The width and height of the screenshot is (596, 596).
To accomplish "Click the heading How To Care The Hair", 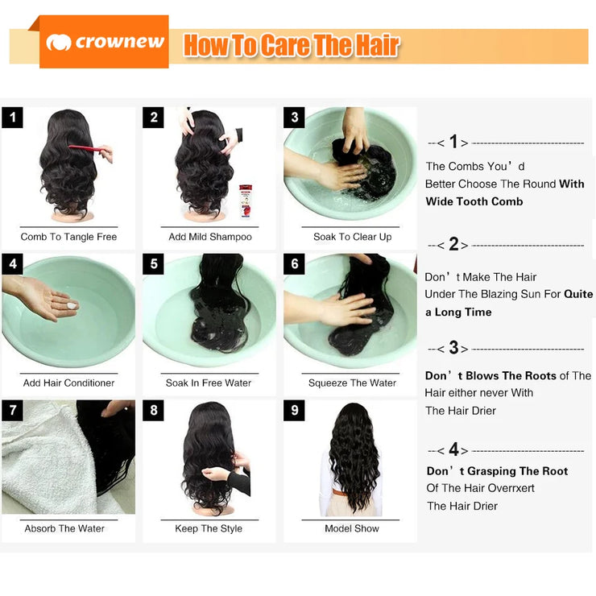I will [291, 45].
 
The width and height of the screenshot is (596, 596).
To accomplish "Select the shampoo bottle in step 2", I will [245, 201].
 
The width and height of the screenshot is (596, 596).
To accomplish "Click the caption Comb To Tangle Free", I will [68, 237].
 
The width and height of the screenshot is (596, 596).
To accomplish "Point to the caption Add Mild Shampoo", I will [210, 237].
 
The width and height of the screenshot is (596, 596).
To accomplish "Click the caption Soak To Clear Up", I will [352, 237].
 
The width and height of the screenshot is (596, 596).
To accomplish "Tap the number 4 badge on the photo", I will [12, 264].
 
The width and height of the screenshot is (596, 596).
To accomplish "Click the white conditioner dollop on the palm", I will [72, 305].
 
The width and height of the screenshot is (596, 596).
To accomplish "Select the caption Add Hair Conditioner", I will [68, 383].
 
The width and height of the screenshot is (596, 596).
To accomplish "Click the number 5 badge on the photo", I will [154, 264].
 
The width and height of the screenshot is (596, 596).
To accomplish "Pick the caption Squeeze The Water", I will [352, 383].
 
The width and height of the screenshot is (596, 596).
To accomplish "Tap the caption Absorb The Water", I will [64, 528].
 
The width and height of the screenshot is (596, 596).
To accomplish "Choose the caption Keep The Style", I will [209, 528].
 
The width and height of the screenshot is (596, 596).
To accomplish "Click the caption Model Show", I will [352, 528].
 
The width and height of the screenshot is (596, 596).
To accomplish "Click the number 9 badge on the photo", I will [295, 411].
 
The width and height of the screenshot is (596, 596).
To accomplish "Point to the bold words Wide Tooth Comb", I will [474, 201].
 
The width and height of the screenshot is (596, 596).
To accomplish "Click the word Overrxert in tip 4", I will [507, 488].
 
